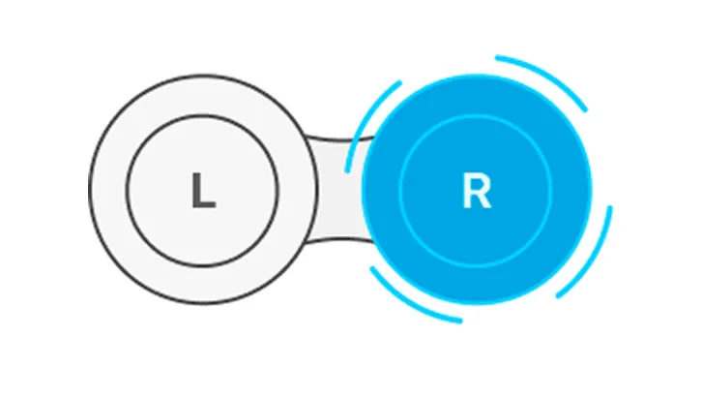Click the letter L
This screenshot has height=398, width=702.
(x=203, y=191)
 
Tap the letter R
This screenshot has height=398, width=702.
(x=476, y=191)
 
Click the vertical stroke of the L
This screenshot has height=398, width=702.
(x=196, y=191)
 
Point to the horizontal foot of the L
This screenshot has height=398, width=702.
(x=204, y=205)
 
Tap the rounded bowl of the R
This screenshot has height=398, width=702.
(x=480, y=184)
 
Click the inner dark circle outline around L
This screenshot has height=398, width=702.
(x=202, y=115)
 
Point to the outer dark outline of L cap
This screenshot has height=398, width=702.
(x=203, y=76)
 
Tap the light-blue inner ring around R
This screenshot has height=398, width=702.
(x=476, y=115)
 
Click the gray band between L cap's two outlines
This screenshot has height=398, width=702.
(x=203, y=95)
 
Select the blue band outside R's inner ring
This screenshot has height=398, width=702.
(x=476, y=95)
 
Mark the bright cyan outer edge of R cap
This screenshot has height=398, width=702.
(x=476, y=76)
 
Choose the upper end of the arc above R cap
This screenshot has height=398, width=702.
(x=497, y=57)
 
